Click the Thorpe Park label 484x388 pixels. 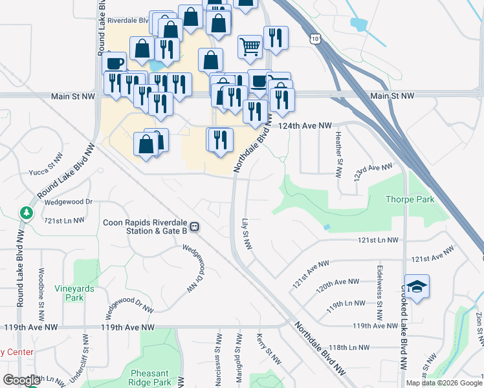tap(410, 200)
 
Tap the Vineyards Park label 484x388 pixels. tap(74, 293)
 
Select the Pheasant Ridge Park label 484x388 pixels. tap(150, 378)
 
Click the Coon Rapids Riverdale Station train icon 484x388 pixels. tap(194, 227)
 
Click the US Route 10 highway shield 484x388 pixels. tap(314, 39)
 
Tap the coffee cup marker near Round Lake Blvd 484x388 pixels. tap(114, 63)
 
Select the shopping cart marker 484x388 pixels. tap(250, 46)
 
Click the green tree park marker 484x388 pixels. tap(26, 212)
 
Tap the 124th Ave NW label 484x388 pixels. tap(305, 125)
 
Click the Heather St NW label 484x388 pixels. tap(338, 155)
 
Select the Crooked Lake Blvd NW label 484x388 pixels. tap(403, 327)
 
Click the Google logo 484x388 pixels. tap(21, 380)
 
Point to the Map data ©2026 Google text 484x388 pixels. tap(443, 383)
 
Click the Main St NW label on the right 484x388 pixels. tap(392, 96)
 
